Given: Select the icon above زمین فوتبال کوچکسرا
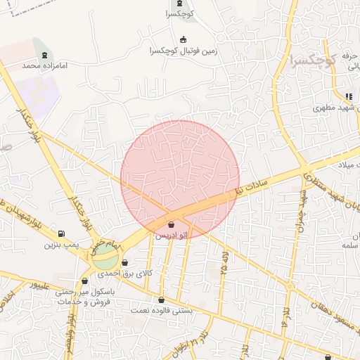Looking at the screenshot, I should coord(184,39).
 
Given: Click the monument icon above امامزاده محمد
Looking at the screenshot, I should coord(45,54).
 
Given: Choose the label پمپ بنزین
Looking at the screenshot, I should coord(59,245).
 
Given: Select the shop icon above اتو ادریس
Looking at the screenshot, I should coord(172,225).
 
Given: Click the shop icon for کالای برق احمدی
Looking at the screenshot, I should coord(125,263).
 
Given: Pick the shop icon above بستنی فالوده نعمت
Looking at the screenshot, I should coord(161,300).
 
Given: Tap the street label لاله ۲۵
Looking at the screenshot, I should coord(225,261).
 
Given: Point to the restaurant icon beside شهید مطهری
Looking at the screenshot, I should coord(349,96).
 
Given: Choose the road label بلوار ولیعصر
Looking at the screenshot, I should coord(71,337).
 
